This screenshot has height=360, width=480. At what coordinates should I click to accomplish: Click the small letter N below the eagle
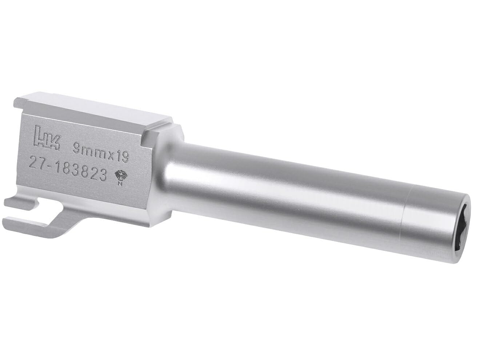(x=120, y=184)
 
